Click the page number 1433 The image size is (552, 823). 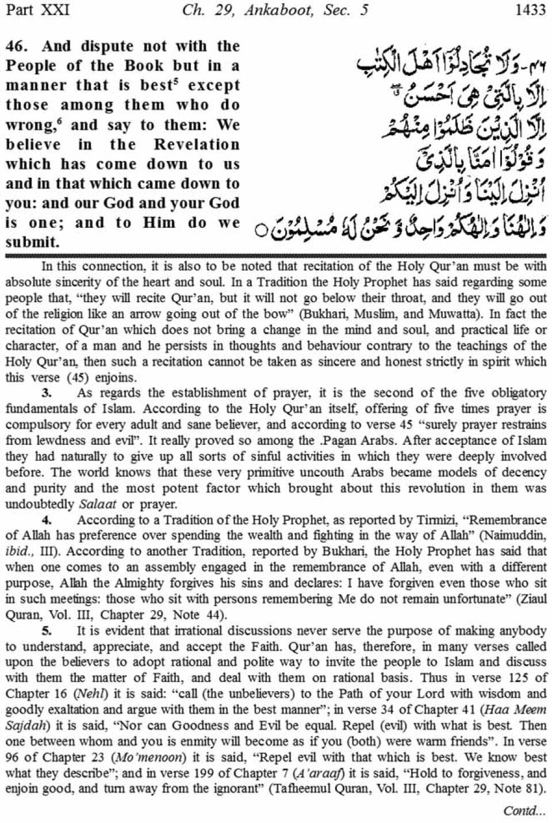point(530,10)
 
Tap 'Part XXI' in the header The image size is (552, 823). point(36,10)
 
